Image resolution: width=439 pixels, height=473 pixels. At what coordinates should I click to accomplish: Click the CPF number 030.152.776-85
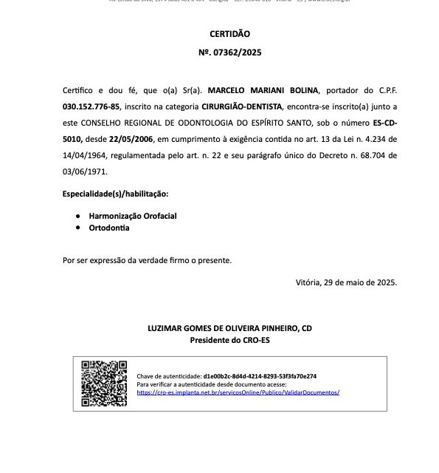pos(91,106)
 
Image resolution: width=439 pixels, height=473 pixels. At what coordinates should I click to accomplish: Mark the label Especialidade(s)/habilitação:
pos(116,194)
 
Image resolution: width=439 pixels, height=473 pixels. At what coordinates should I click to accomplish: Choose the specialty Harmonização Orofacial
pos(133,216)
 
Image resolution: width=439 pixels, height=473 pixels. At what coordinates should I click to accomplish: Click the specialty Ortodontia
pos(109,228)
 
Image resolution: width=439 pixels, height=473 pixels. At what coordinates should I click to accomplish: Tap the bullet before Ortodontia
pos(79,228)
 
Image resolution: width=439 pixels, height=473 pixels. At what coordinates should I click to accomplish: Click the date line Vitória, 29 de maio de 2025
pos(345,282)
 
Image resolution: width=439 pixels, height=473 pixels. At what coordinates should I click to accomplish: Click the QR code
pos(103,379)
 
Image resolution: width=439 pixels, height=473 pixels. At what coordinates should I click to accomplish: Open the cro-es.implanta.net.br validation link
pos(238,392)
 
